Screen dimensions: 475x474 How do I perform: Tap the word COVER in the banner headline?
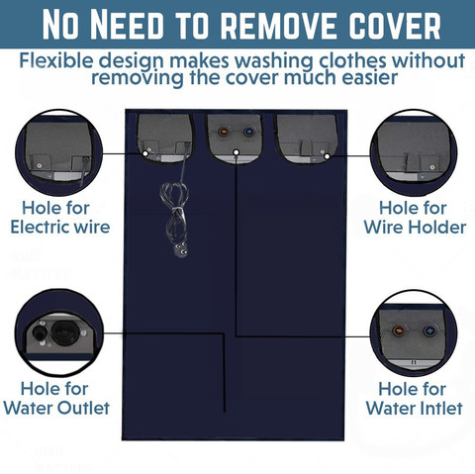click(x=395, y=26)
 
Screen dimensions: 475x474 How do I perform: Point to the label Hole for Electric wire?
click(x=60, y=218)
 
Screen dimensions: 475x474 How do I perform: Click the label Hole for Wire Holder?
click(x=415, y=218)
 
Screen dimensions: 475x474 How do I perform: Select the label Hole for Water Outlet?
click(x=56, y=398)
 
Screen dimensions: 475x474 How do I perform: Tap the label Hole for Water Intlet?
click(x=414, y=398)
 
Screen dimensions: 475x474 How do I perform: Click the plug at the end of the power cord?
click(x=180, y=249)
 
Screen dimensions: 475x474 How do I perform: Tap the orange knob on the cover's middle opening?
click(x=223, y=132)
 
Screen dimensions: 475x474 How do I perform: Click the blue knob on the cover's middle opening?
click(x=248, y=132)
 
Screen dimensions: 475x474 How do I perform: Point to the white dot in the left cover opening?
click(x=145, y=153)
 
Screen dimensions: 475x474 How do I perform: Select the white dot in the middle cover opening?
click(x=236, y=152)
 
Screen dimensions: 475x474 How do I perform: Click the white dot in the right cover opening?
click(x=327, y=156)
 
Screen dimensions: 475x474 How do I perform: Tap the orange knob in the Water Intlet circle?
click(x=398, y=331)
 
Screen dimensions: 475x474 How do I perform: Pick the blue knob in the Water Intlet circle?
click(x=428, y=331)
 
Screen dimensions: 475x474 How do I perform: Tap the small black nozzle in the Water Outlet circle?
click(x=38, y=333)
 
